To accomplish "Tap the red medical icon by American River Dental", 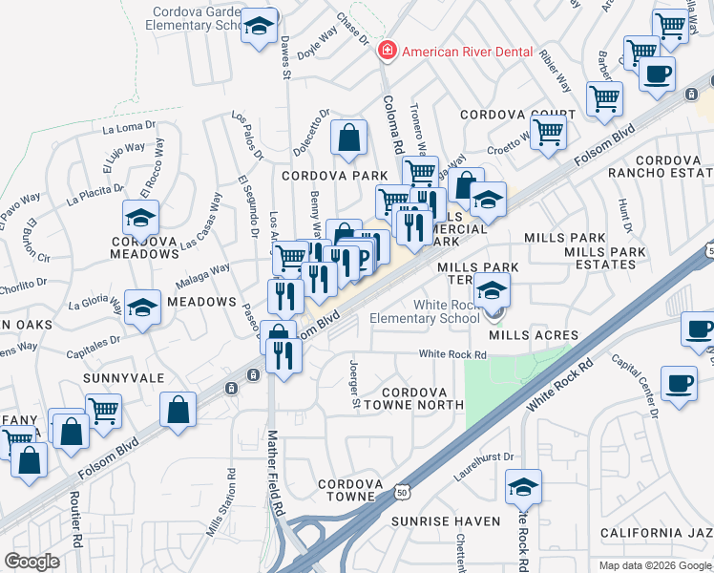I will (x=387, y=51).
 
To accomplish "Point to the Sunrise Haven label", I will (x=446, y=521).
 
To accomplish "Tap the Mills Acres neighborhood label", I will (x=534, y=335).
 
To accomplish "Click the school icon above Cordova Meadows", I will (x=141, y=218).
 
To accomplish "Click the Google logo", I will (x=31, y=562).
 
